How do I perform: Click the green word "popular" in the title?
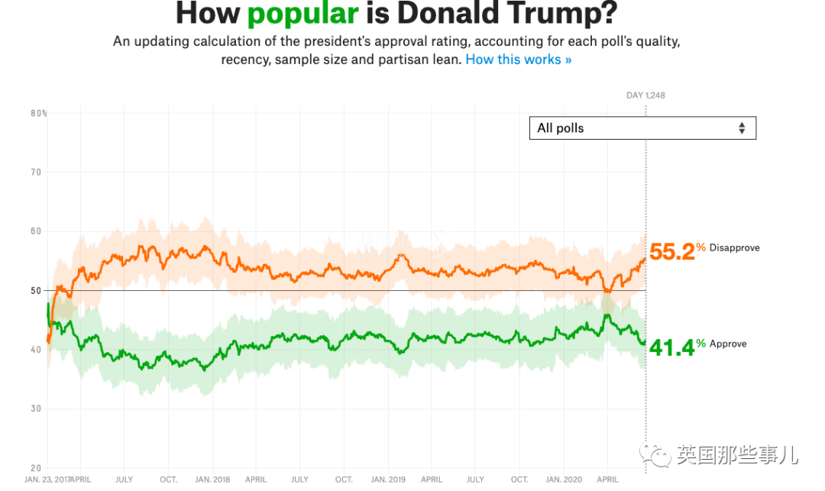302,13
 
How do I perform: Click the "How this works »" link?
518,59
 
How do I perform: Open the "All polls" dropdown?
642,128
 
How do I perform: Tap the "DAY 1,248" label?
645,95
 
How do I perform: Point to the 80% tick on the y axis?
38,113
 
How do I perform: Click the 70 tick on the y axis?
36,173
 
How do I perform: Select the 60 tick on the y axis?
36,231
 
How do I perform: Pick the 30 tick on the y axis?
36,409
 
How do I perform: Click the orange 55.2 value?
671,251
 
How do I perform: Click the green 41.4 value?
671,347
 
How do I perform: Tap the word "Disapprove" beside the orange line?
734,247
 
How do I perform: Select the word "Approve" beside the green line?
728,344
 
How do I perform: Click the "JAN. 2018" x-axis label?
213,480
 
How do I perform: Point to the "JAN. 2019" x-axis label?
388,480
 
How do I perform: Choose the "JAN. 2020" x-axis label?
563,480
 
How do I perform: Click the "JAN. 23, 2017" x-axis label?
47,480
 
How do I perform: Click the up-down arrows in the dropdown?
741,128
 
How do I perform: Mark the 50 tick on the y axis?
36,290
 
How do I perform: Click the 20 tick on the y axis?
36,467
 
